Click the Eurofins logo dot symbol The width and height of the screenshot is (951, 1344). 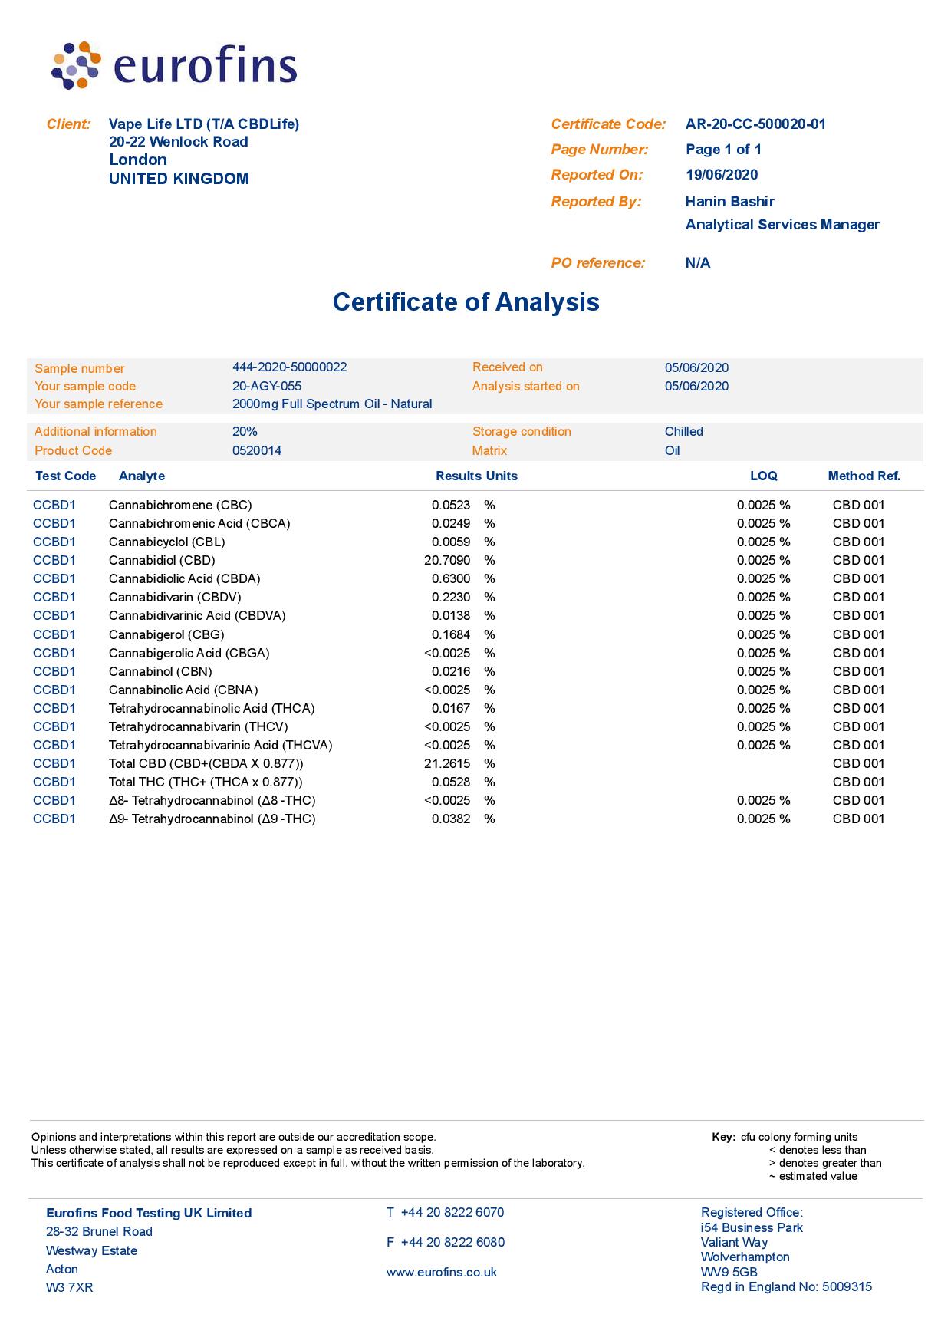pos(76,66)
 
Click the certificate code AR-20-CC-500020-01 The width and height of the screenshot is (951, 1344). pos(755,124)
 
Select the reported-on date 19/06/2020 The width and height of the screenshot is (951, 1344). pos(722,175)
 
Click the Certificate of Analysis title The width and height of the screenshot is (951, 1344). pos(466,301)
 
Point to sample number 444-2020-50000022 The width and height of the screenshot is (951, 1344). pos(289,367)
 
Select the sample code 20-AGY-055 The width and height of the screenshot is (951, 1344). pos(266,386)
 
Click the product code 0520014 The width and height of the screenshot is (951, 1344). pos(256,450)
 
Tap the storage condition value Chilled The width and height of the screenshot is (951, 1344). pos(683,431)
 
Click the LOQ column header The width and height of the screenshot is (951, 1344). pos(763,476)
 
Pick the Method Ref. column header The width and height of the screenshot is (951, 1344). pos(864,476)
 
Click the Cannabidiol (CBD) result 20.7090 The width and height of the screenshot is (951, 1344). pos(447,560)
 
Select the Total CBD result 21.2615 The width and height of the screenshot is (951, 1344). pos(447,763)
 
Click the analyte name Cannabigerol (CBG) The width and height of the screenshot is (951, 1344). pos(166,634)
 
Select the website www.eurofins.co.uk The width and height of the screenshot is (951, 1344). pos(441,1272)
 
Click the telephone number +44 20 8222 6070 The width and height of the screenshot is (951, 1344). pos(452,1212)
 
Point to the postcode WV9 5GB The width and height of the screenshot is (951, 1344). pos(729,1272)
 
